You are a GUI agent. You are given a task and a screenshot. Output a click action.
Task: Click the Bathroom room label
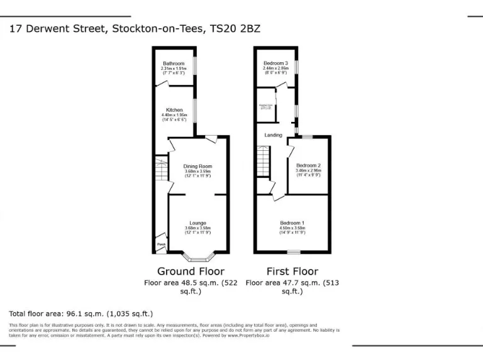[174, 63]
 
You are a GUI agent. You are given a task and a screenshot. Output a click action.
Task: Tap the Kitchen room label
[174, 110]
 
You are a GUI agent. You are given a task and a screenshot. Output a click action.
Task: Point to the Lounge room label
[198, 223]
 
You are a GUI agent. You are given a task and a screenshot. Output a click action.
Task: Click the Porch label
[161, 244]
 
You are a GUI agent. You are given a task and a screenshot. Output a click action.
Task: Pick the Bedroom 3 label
[275, 63]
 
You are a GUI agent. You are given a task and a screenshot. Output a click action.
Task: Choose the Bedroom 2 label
[309, 166]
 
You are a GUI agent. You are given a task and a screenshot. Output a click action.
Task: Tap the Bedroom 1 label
[292, 223]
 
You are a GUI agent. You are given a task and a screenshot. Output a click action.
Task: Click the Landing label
[273, 135]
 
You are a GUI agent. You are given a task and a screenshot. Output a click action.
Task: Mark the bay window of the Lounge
[198, 257]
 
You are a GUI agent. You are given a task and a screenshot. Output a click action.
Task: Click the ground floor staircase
[162, 168]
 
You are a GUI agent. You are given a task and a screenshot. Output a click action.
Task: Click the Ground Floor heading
[191, 271]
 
